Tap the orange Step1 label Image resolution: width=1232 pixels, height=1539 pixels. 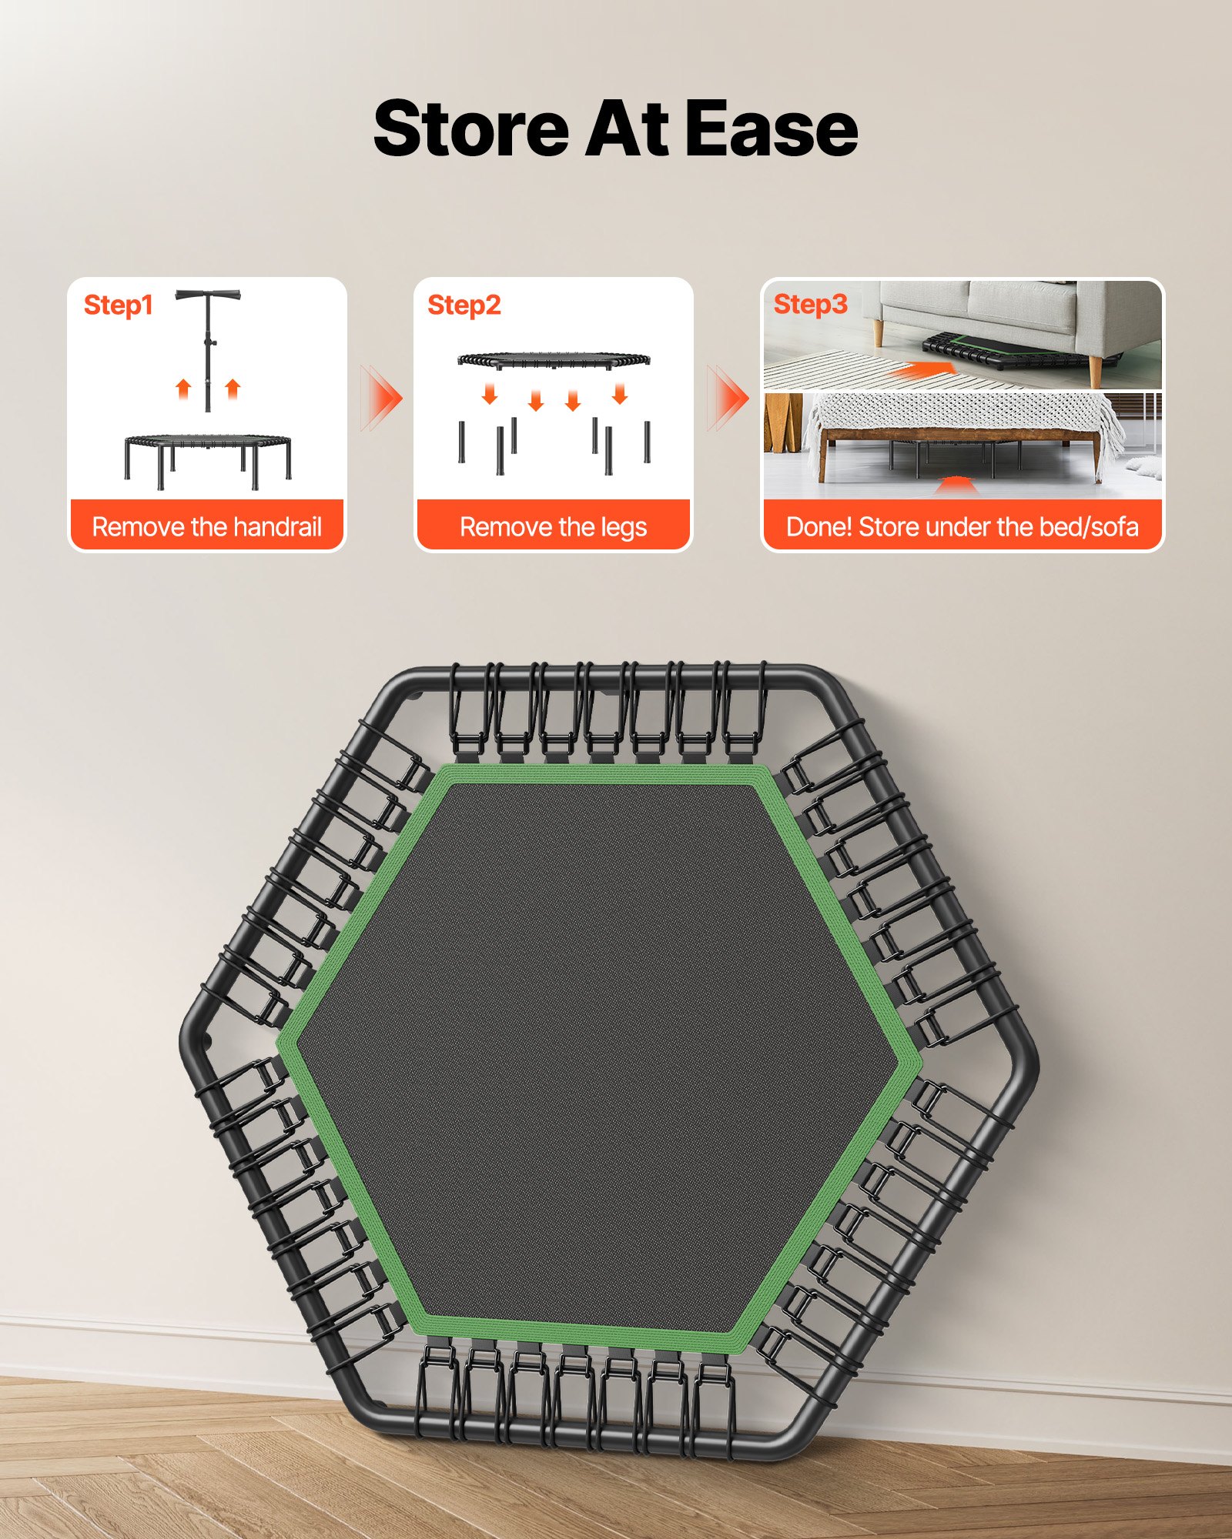pyautogui.click(x=118, y=305)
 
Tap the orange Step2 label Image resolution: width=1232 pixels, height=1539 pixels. pyautogui.click(x=464, y=305)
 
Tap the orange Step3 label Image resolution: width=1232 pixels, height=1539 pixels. pyautogui.click(x=810, y=304)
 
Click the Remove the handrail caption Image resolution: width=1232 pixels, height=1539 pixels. pyautogui.click(x=206, y=527)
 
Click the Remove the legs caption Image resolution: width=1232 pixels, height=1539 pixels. pyautogui.click(x=553, y=527)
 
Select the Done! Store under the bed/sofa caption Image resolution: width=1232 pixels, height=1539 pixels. pyautogui.click(x=962, y=527)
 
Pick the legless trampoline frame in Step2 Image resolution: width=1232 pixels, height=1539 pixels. pyautogui.click(x=554, y=359)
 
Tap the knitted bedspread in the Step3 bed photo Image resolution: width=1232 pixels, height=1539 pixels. pyautogui.click(x=962, y=412)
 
